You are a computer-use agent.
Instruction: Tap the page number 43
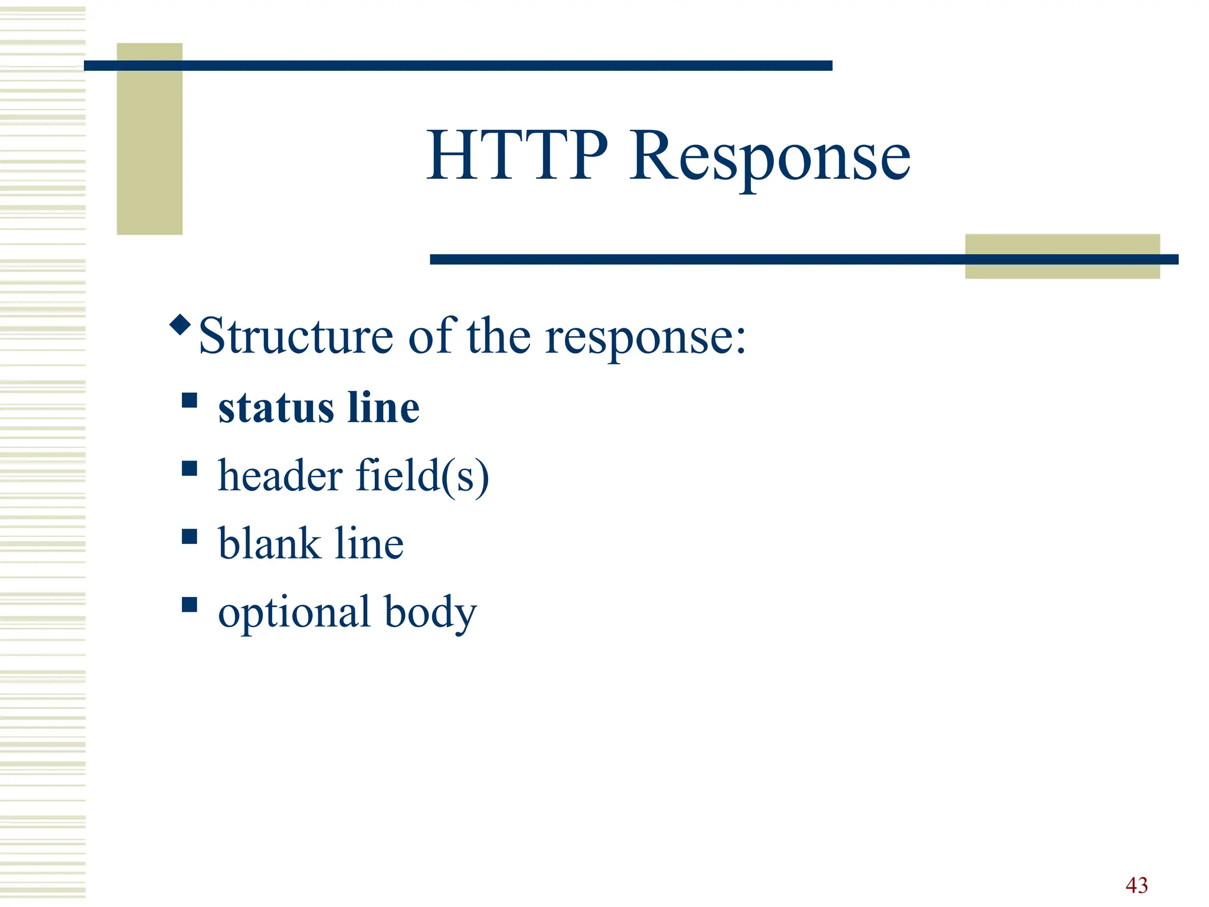click(x=1136, y=885)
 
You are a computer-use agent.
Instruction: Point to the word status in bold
click(x=276, y=408)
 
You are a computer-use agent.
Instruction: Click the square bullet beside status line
click(x=189, y=400)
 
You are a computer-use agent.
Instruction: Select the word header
click(x=280, y=475)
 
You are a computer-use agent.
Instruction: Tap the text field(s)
click(x=423, y=477)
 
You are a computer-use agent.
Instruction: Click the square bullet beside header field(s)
click(x=189, y=468)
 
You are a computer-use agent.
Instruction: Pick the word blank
click(x=269, y=543)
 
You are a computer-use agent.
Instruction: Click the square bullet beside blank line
click(x=189, y=536)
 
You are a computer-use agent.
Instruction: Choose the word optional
click(x=294, y=613)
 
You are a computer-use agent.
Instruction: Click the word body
click(x=430, y=613)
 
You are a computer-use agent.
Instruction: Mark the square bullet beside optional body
click(x=189, y=604)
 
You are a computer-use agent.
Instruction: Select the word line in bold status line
click(x=383, y=408)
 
